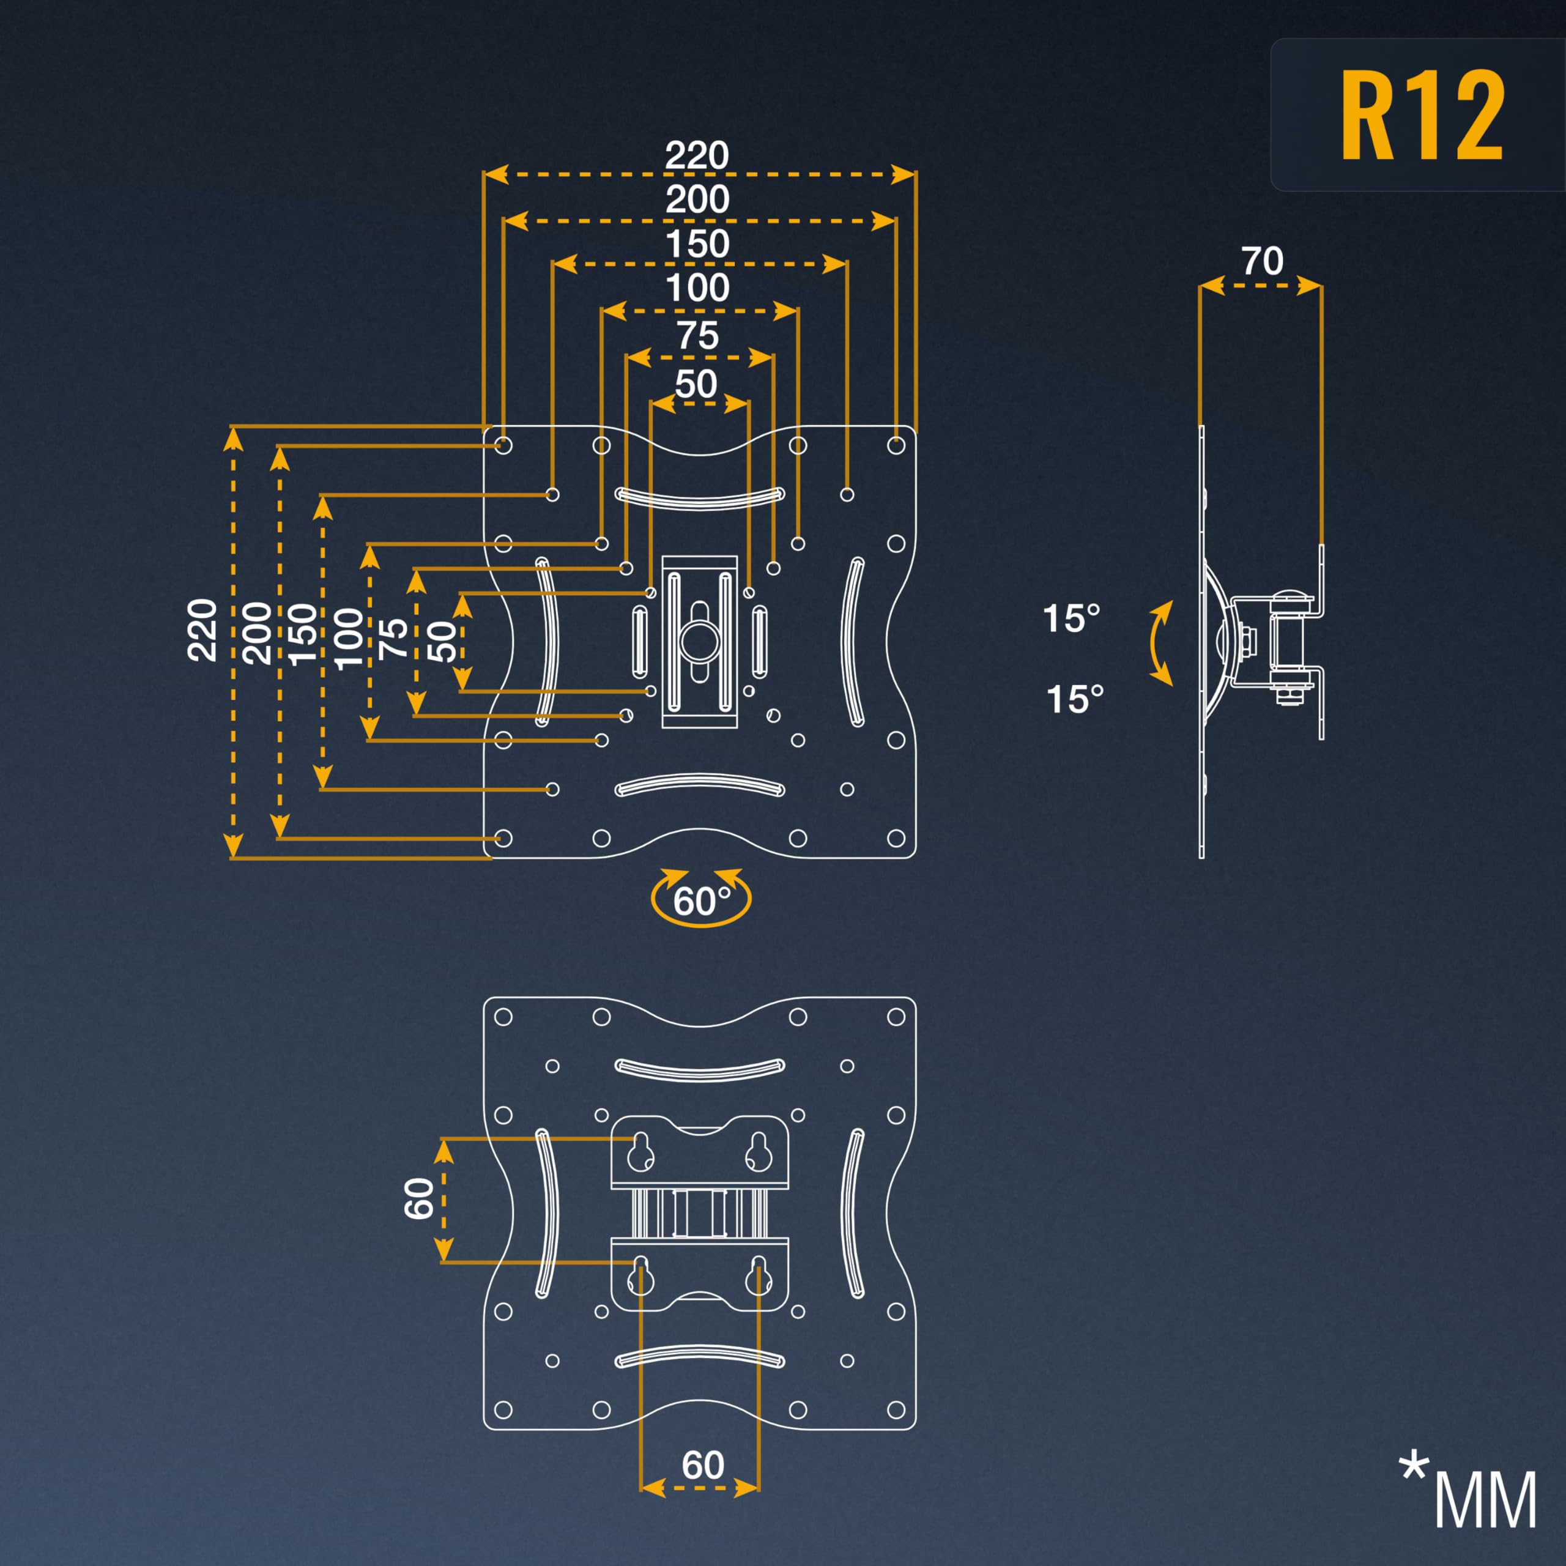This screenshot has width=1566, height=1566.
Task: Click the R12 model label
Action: coord(1422,115)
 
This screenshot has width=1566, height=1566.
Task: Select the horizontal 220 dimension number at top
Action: coord(697,155)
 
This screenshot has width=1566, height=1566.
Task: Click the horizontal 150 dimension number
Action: coord(698,244)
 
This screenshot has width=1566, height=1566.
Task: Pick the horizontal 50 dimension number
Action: coord(696,384)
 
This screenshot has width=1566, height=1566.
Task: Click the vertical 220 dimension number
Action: coord(202,630)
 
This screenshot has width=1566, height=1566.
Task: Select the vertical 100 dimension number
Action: coord(349,638)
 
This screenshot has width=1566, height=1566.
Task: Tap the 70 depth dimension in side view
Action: coord(1262,261)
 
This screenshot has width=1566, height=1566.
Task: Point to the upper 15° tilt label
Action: coord(1072,618)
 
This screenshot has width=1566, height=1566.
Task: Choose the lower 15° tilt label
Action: coord(1075,699)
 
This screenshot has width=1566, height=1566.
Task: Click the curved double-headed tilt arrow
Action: coord(1160,644)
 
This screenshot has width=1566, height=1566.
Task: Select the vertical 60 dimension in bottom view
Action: coord(419,1199)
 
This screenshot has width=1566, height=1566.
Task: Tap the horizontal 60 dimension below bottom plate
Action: coord(703,1464)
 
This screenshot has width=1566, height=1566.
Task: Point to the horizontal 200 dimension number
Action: coord(698,199)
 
